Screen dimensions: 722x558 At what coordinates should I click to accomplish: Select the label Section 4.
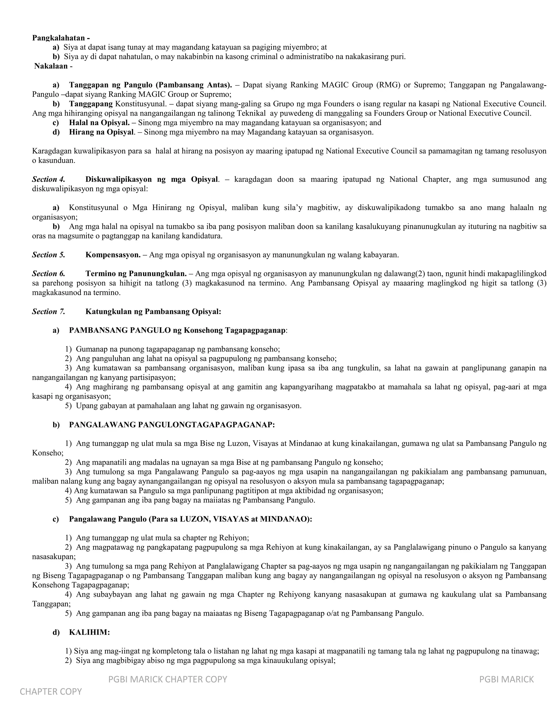pos(48,180)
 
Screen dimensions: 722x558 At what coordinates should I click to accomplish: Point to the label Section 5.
pos(48,255)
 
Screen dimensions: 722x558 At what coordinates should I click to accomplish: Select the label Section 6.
pos(48,274)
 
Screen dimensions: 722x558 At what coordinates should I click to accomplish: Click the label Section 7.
pos(48,311)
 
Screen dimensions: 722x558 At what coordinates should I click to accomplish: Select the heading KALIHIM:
pos(89,632)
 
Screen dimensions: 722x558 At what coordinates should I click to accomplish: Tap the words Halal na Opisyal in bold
pos(99,123)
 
